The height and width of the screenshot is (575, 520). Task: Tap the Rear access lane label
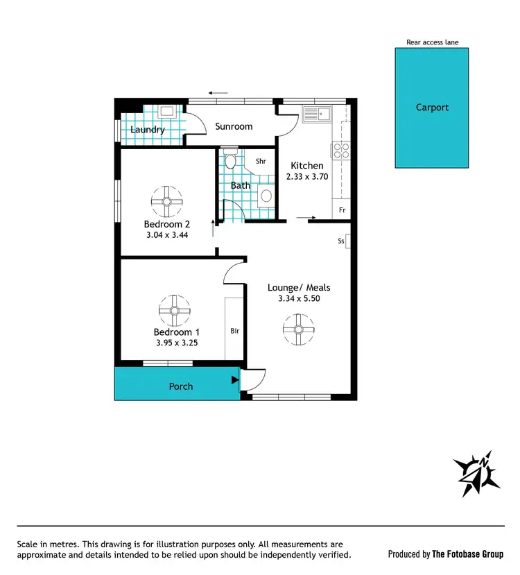(x=432, y=42)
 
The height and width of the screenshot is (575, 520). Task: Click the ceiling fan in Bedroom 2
(x=166, y=201)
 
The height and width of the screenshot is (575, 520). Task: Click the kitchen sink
(x=317, y=114)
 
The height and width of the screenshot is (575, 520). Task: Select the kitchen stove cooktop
(x=341, y=150)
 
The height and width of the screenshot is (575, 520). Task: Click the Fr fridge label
(x=342, y=209)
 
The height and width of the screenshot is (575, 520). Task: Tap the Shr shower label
(x=261, y=161)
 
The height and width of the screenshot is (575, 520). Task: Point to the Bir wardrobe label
(x=234, y=331)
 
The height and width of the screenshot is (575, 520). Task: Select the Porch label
(x=181, y=386)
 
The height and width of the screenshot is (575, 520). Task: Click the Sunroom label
(x=234, y=127)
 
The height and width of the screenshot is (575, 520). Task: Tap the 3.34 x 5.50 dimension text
(x=299, y=299)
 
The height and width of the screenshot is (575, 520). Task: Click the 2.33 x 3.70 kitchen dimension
(x=306, y=177)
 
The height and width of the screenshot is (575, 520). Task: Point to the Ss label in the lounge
(x=340, y=241)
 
